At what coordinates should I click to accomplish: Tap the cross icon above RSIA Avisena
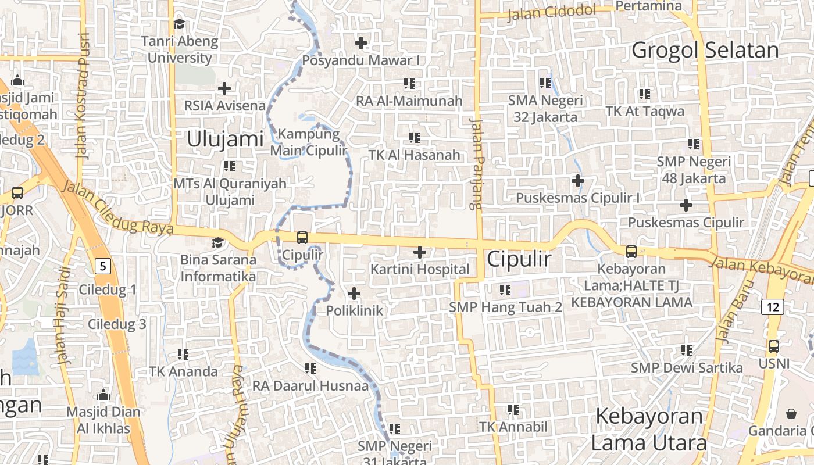(224, 88)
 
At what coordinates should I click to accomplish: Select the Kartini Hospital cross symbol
(420, 252)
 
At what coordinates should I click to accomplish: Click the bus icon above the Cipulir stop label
(302, 237)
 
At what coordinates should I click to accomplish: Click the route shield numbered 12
(775, 306)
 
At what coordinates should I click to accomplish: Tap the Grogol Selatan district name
(705, 51)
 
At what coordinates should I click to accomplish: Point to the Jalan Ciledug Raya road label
(116, 207)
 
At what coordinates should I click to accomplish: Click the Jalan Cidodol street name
(552, 12)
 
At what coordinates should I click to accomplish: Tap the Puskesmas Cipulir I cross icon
(578, 181)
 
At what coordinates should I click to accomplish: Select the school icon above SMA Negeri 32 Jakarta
(545, 83)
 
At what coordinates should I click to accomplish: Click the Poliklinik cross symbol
(354, 294)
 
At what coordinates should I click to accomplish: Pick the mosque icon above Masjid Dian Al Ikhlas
(103, 395)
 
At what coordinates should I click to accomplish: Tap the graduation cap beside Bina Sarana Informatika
(218, 242)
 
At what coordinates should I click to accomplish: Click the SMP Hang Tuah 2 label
(506, 307)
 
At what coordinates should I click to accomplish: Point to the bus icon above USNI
(774, 346)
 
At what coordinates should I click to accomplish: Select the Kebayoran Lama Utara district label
(649, 430)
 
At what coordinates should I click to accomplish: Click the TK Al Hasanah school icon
(415, 138)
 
